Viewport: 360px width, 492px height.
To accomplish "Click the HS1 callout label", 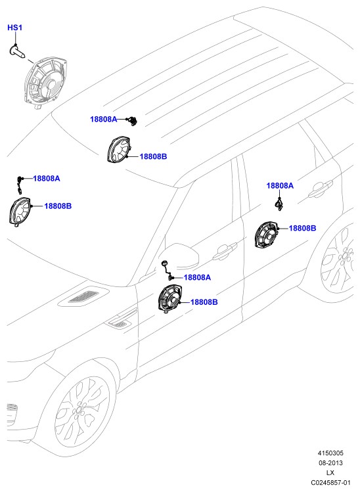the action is pyautogui.click(x=14, y=28).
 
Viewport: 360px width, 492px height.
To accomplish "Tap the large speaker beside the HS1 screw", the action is pyautogui.click(x=46, y=83).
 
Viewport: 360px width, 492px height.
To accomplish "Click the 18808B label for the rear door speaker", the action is pyautogui.click(x=302, y=228).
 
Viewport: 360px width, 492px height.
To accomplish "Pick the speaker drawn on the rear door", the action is pyautogui.click(x=265, y=235).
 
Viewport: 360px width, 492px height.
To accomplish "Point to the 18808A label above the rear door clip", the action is pyautogui.click(x=280, y=185).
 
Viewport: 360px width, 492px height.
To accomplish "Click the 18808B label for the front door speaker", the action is pyautogui.click(x=204, y=302).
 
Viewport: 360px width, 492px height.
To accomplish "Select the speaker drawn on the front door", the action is pyautogui.click(x=169, y=299).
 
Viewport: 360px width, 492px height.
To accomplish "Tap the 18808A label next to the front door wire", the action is pyautogui.click(x=197, y=277).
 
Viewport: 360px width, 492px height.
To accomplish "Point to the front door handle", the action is pyautogui.click(x=225, y=251).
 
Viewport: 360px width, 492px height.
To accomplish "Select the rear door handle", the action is pyautogui.click(x=320, y=189).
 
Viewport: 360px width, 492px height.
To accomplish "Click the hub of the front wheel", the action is pyautogui.click(x=78, y=411).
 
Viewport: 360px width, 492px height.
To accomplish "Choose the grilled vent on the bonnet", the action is pyautogui.click(x=83, y=296).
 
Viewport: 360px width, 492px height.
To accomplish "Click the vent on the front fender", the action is pyautogui.click(x=119, y=323).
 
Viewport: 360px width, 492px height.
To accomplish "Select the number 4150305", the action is pyautogui.click(x=330, y=453).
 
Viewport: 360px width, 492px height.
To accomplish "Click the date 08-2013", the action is pyautogui.click(x=330, y=462).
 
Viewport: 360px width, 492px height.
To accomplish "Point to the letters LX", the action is pyautogui.click(x=330, y=472).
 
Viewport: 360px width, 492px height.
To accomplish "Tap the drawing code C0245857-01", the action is pyautogui.click(x=330, y=482).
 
